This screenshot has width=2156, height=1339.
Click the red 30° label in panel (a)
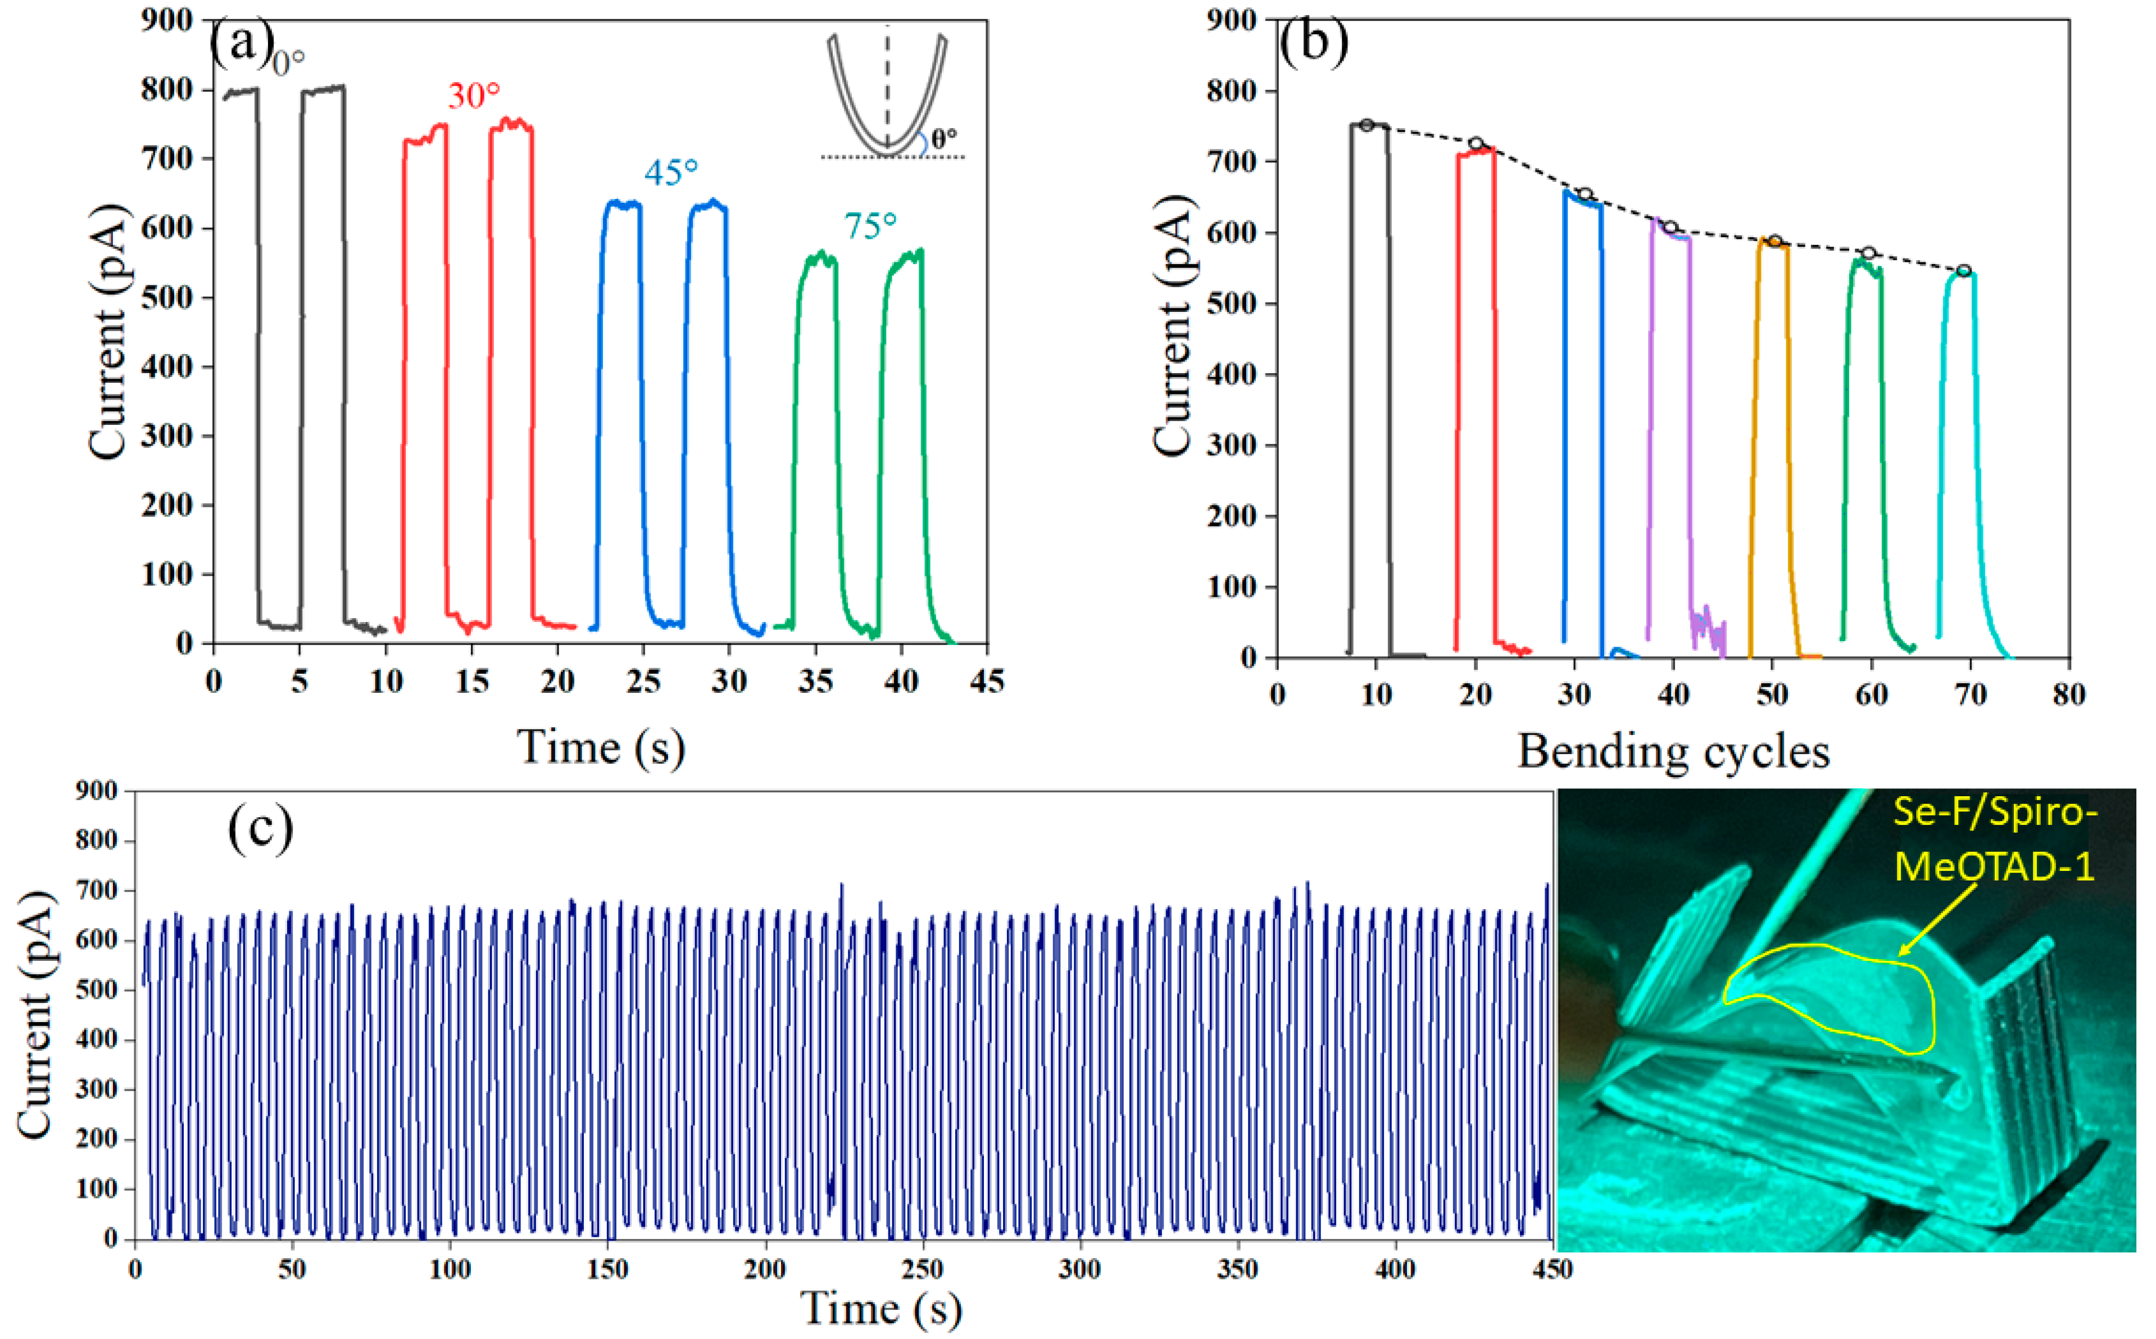tap(474, 95)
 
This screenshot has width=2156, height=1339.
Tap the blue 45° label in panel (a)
tap(670, 173)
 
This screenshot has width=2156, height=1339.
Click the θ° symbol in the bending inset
tap(944, 138)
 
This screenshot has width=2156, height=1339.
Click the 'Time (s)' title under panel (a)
tap(600, 747)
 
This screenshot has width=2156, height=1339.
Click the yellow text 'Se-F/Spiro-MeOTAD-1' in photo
tap(1994, 839)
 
